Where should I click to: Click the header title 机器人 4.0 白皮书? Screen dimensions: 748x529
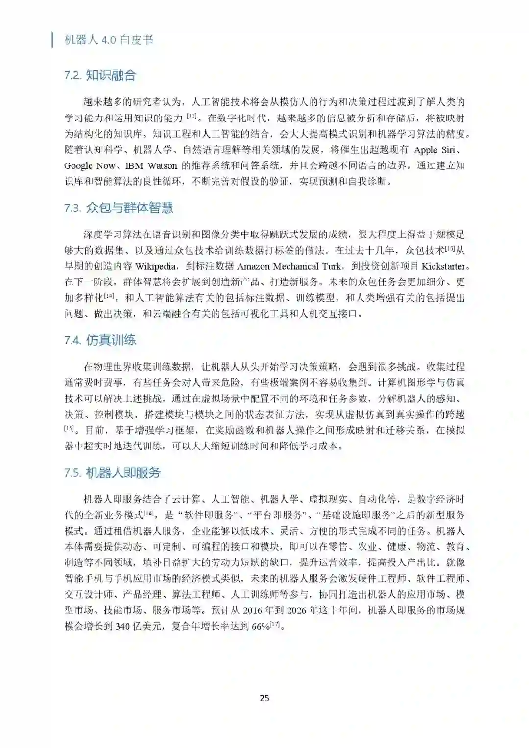pyautogui.click(x=109, y=40)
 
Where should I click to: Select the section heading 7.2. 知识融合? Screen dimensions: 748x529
pyautogui.click(x=100, y=75)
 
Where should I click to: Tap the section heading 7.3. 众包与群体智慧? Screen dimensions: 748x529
pyautogui.click(x=119, y=208)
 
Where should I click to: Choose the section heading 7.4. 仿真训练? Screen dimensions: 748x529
pyautogui.click(x=100, y=340)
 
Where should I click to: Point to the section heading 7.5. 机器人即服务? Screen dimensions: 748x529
pyautogui.click(x=112, y=473)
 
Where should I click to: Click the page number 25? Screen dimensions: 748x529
pyautogui.click(x=264, y=698)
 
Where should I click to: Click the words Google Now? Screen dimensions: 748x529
pyautogui.click(x=90, y=165)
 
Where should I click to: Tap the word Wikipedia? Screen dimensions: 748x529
pyautogui.click(x=156, y=266)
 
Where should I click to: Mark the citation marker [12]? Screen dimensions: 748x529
pyautogui.click(x=192, y=116)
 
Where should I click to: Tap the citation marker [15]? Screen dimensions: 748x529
pyautogui.click(x=69, y=428)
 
